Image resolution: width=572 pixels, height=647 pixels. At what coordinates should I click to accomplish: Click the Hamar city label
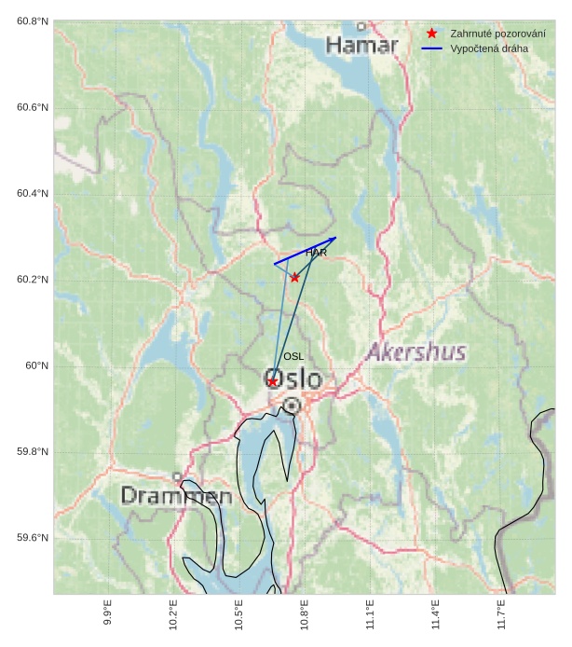tap(361, 45)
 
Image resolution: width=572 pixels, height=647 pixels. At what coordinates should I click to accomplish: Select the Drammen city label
tap(176, 496)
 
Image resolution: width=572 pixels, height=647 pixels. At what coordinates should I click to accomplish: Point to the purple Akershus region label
tap(415, 352)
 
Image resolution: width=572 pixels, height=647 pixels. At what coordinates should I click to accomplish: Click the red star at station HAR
tap(294, 277)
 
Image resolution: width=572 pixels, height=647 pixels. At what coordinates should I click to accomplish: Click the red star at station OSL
tap(272, 381)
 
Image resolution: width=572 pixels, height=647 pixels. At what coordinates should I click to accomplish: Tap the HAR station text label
tap(316, 253)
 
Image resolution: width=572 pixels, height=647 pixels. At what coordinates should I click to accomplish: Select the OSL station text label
tap(293, 356)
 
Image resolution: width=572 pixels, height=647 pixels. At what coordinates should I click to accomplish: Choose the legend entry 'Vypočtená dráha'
tap(489, 48)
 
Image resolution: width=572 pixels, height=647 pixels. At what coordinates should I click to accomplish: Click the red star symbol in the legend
tap(431, 34)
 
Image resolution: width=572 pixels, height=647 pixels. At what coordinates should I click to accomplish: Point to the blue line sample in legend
tap(431, 48)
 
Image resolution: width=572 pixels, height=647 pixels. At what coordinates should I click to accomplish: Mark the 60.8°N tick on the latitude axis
tap(33, 21)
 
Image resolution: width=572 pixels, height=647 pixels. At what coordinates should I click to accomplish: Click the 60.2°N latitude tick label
tap(33, 280)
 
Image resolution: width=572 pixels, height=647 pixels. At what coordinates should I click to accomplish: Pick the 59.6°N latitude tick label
tap(33, 538)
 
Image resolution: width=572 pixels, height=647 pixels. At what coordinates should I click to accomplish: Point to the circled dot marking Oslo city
tap(293, 406)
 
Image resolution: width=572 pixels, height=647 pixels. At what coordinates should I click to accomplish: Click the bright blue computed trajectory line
tap(306, 251)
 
